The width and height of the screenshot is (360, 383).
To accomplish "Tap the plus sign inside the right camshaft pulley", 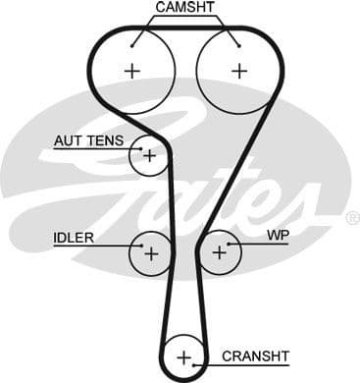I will [237, 71].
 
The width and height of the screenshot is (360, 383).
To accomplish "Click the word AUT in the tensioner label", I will [68, 141].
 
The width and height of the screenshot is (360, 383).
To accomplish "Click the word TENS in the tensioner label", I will [104, 141].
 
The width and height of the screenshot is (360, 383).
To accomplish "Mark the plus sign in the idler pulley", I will [151, 252].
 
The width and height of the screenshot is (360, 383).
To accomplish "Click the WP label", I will [279, 238].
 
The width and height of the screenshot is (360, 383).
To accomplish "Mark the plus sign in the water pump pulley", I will [219, 252].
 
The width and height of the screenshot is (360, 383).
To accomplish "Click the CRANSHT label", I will [255, 356].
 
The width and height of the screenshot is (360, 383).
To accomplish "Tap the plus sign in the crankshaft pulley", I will [183, 355].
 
